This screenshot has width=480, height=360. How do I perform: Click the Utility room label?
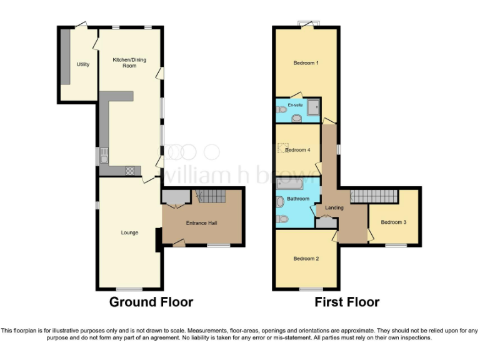82,64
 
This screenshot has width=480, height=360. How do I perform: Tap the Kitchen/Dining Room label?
124,62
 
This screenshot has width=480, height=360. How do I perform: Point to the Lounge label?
129,232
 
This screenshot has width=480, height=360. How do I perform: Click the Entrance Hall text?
201,223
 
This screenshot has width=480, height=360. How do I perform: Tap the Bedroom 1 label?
306,63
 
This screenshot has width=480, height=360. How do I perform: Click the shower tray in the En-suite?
312,109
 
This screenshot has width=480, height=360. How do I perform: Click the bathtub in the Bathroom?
289,184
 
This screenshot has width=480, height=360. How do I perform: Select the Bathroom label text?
298,199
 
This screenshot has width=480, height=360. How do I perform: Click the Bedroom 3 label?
394,222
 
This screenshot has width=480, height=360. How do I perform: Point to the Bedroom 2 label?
306,258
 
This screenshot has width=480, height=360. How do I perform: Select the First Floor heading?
347,302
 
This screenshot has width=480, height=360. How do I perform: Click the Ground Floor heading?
151,302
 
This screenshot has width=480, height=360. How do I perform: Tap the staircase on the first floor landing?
374,196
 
